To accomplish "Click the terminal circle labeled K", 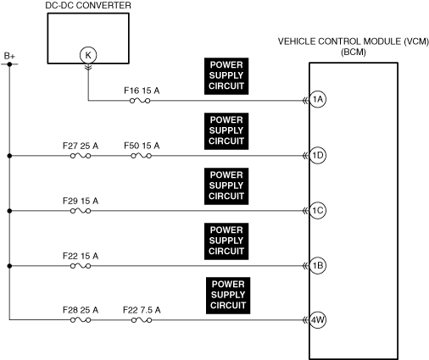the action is click(88, 55).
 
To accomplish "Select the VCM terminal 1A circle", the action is click(318, 99).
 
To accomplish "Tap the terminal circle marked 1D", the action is click(318, 155).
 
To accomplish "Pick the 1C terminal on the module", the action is click(318, 210).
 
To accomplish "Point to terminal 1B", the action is click(318, 265).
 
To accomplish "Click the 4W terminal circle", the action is click(318, 320).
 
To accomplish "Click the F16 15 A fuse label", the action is click(142, 91).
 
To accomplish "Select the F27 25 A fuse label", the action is click(81, 146).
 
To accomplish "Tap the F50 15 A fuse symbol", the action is click(142, 156).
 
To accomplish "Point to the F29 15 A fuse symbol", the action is click(81, 211).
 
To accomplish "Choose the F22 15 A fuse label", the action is click(81, 256).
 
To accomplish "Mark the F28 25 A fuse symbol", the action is click(81, 320).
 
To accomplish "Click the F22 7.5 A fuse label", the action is click(142, 310).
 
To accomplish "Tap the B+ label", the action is click(9, 56).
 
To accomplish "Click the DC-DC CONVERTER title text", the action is click(88, 5).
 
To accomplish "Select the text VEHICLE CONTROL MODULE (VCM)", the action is click(354, 42).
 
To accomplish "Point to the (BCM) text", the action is click(354, 53).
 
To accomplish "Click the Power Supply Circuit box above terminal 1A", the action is click(226, 76).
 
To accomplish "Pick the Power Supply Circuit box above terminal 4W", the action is click(228, 296).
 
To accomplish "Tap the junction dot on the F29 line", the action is click(9, 211).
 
